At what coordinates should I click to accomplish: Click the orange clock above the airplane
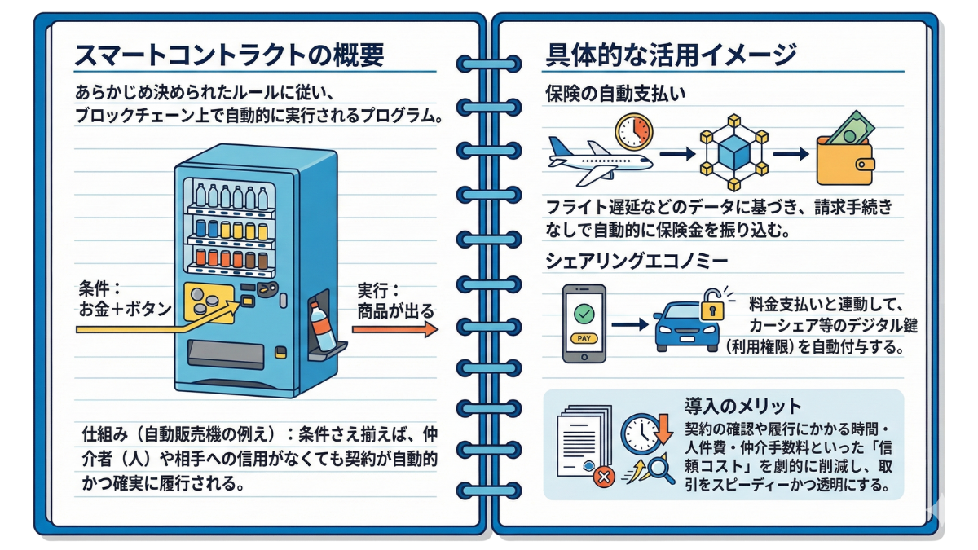634,131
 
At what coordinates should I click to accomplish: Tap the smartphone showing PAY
584,323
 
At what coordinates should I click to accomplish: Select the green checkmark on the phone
584,314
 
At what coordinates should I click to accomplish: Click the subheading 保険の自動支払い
615,94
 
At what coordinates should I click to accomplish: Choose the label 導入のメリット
742,405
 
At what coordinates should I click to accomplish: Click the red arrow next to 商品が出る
395,328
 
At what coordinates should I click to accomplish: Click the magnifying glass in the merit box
660,471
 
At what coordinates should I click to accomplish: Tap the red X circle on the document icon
604,477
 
